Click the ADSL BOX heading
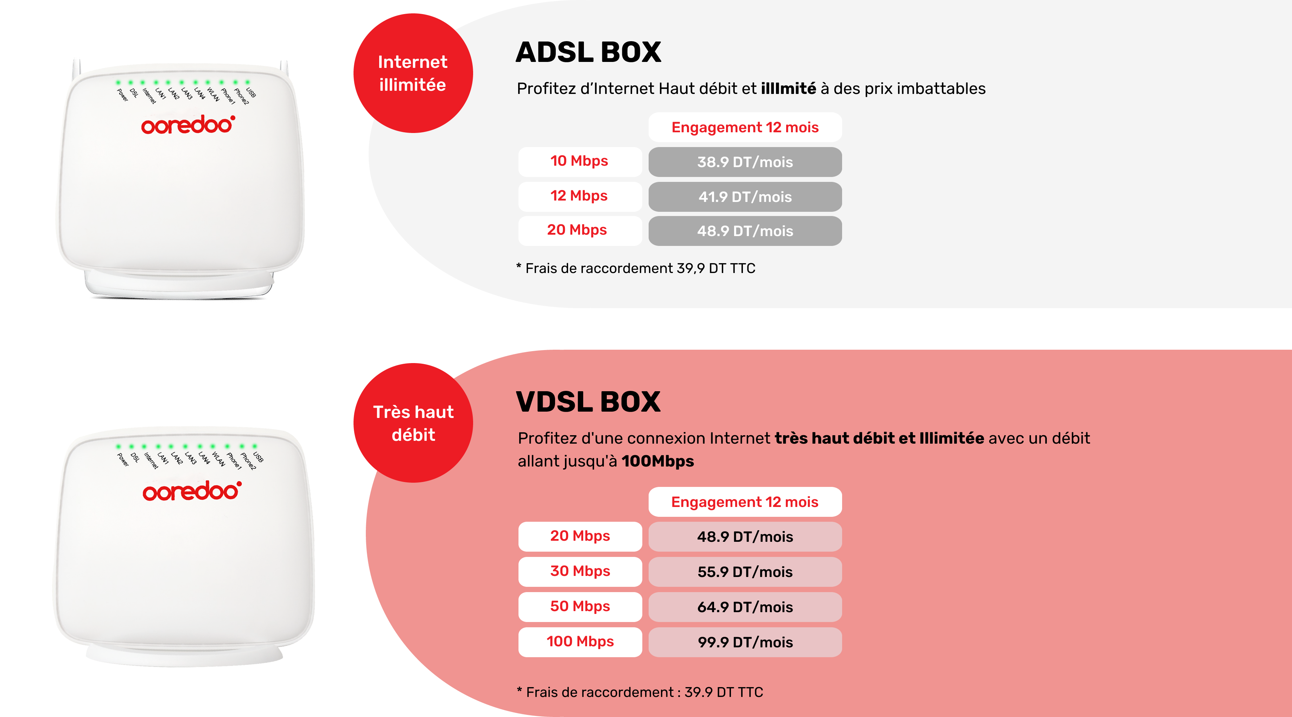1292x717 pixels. (x=588, y=52)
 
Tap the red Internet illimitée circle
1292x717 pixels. (x=413, y=73)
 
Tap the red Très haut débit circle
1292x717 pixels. (x=413, y=423)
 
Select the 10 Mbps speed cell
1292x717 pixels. (x=580, y=161)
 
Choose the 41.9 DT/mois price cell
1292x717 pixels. (x=745, y=197)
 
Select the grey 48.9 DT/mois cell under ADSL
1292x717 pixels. (x=745, y=231)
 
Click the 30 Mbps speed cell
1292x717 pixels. (x=580, y=571)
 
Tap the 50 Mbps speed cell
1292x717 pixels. (x=580, y=607)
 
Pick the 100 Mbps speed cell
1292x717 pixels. (x=580, y=642)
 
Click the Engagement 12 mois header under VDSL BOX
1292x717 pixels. (x=745, y=502)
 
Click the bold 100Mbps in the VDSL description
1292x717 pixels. (x=657, y=461)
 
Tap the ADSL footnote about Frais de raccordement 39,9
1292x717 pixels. (x=636, y=268)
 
